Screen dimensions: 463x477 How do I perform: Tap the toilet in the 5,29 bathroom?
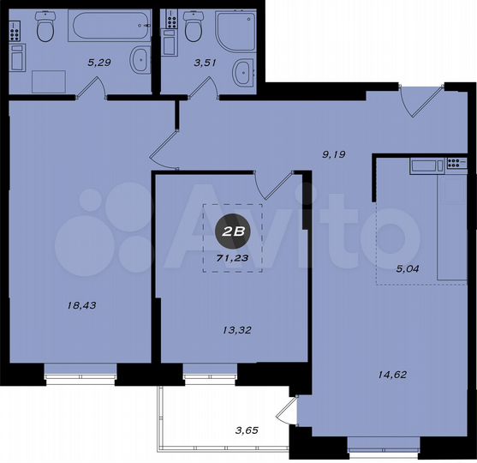tap(46, 32)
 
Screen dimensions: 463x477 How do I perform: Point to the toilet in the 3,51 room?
tap(193, 31)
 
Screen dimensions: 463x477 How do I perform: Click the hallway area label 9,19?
tap(333, 154)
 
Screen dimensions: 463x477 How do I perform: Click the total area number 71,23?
tap(232, 256)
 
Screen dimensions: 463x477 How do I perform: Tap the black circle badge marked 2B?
tap(232, 231)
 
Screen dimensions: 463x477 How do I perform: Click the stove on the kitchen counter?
tap(426, 165)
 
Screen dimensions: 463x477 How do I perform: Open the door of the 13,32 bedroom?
tap(276, 184)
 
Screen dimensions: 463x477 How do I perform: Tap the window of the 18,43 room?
tap(80, 370)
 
